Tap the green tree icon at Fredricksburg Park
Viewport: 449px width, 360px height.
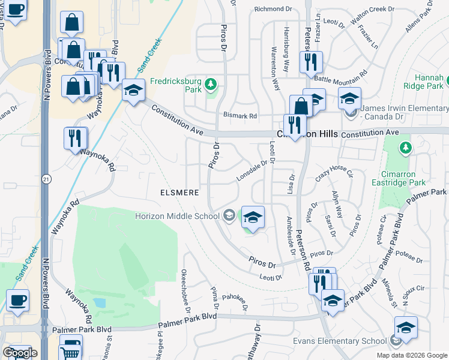[211, 83]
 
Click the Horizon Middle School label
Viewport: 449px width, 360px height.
[177, 216]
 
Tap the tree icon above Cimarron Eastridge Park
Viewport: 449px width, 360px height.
[406, 147]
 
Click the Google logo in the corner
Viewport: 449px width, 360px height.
[20, 353]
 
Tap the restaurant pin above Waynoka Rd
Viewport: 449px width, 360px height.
[76, 139]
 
